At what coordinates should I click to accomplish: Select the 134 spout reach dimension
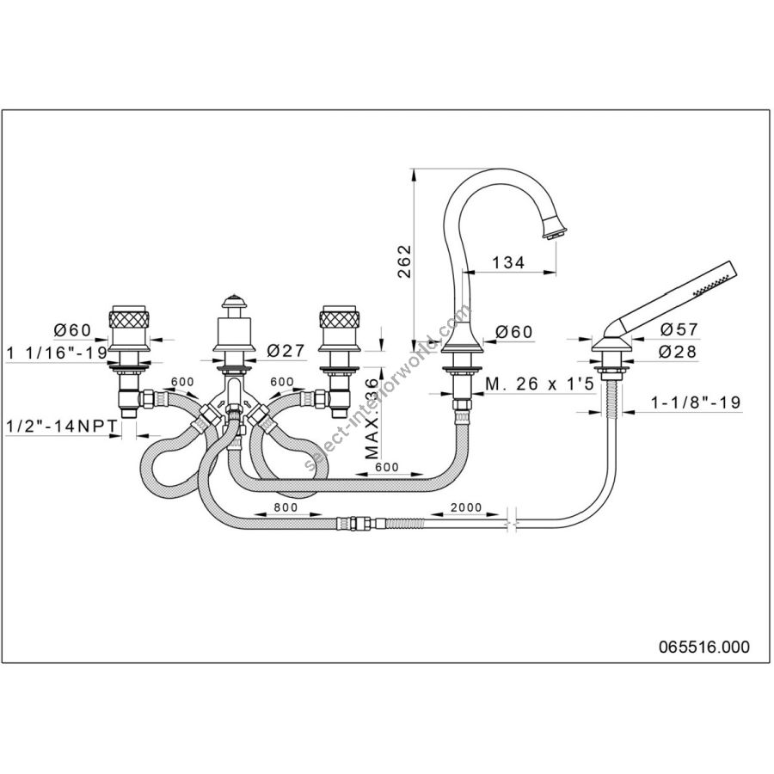(x=509, y=263)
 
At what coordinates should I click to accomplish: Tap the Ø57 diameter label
(x=679, y=329)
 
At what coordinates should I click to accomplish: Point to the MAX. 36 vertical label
(x=373, y=422)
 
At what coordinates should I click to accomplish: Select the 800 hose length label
(x=286, y=508)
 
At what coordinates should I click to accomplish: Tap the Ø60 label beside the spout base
(x=515, y=331)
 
